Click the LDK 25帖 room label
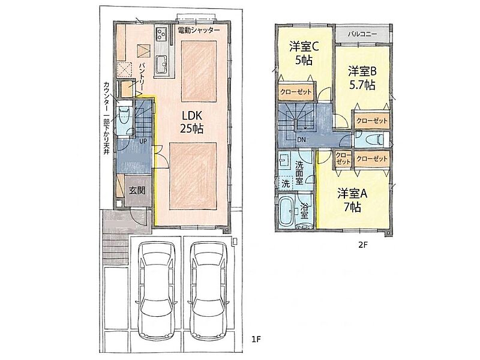click(192, 122)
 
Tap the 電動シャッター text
click(199, 31)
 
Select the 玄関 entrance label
click(137, 190)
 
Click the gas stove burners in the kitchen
click(161, 33)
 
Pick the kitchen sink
click(161, 65)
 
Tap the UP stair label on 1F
click(143, 141)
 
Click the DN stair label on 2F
click(302, 140)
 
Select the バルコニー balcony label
click(362, 34)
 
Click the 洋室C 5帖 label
click(304, 53)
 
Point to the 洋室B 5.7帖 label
click(362, 78)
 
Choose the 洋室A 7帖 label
click(352, 200)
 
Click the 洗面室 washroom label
click(299, 173)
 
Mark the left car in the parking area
click(157, 290)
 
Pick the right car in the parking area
click(208, 290)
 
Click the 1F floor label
click(256, 339)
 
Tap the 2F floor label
click(362, 245)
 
